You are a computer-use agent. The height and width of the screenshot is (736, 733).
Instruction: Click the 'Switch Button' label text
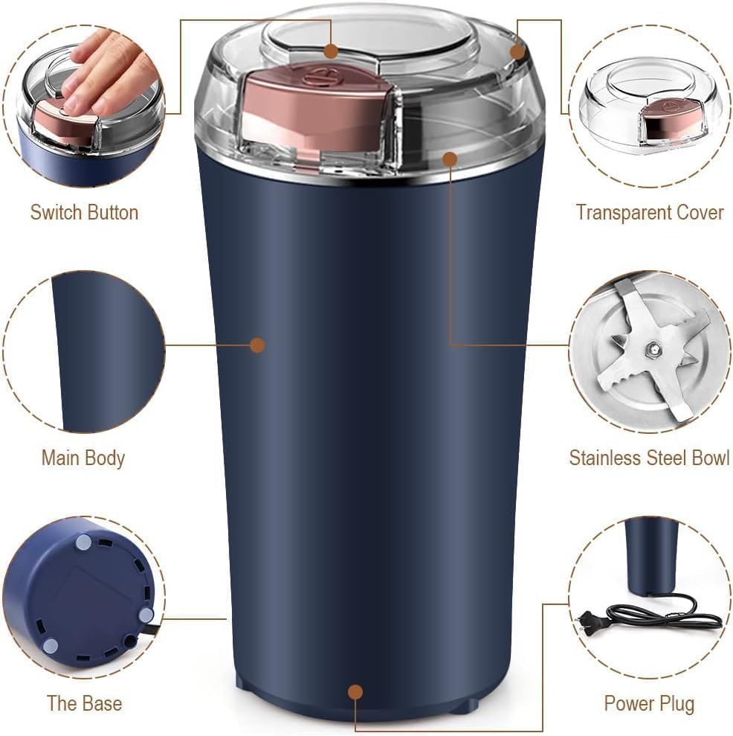click(x=84, y=212)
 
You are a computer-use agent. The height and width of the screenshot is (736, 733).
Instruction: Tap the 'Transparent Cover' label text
click(x=649, y=212)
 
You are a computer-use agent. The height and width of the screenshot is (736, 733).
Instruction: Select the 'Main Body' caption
click(x=83, y=458)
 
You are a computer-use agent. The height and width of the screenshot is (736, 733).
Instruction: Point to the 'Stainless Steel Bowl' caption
click(x=649, y=458)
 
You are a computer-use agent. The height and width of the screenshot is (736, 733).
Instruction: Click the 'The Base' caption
click(x=84, y=703)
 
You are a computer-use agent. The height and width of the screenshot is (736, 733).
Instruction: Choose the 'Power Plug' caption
click(x=649, y=703)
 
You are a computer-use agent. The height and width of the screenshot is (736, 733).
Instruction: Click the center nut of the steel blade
click(x=652, y=348)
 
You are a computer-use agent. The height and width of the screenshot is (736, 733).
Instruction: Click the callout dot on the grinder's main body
click(x=257, y=345)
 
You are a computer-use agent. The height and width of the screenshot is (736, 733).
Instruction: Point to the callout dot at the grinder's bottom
click(x=355, y=692)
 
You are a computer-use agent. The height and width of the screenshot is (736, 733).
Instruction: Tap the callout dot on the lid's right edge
click(x=517, y=51)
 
